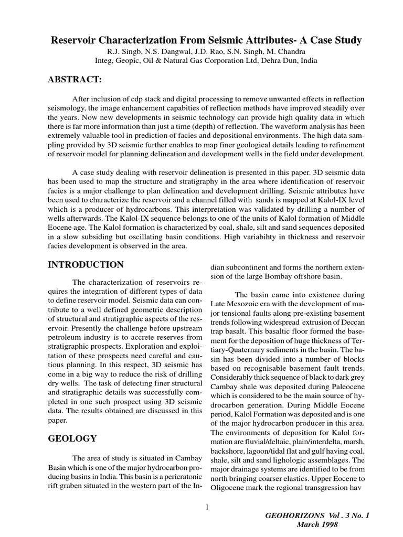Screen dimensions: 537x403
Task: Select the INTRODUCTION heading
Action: (x=86, y=264)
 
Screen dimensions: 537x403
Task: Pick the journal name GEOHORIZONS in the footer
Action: (x=300, y=515)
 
